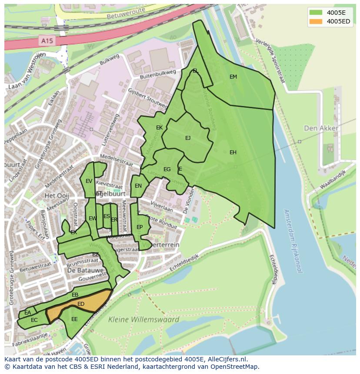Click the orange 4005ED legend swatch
pyautogui.click(x=316, y=21)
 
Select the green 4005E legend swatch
pyautogui.click(x=316, y=12)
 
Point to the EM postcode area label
pyautogui.click(x=233, y=77)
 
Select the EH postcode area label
pyautogui.click(x=233, y=152)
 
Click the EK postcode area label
pyautogui.click(x=159, y=128)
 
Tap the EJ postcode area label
pyautogui.click(x=188, y=138)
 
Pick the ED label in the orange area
pyautogui.click(x=81, y=304)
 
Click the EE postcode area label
pyautogui.click(x=74, y=319)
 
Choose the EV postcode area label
pyautogui.click(x=89, y=181)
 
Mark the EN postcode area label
pyautogui.click(x=138, y=186)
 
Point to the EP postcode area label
pyautogui.click(x=140, y=227)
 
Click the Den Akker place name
pyautogui.click(x=321, y=128)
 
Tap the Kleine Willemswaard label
pyautogui.click(x=143, y=320)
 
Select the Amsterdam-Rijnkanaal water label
pyautogui.click(x=292, y=241)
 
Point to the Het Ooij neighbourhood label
pyautogui.click(x=57, y=196)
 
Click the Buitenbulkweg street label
pyautogui.click(x=157, y=74)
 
